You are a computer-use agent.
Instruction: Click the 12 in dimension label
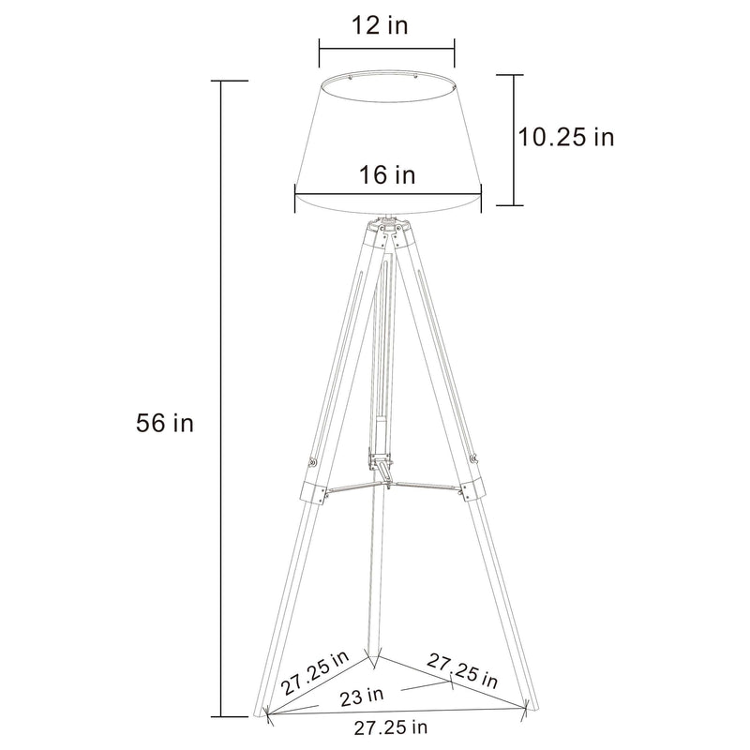pyautogui.click(x=386, y=24)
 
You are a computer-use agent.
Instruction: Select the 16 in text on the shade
pyautogui.click(x=386, y=174)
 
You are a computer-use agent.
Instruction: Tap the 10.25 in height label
pyautogui.click(x=566, y=137)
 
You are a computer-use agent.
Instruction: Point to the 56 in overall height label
pyautogui.click(x=165, y=423)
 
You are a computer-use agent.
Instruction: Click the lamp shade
pyautogui.click(x=387, y=141)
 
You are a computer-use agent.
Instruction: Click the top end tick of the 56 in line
pyautogui.click(x=221, y=82)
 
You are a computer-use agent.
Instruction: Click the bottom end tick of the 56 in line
pyautogui.click(x=221, y=715)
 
